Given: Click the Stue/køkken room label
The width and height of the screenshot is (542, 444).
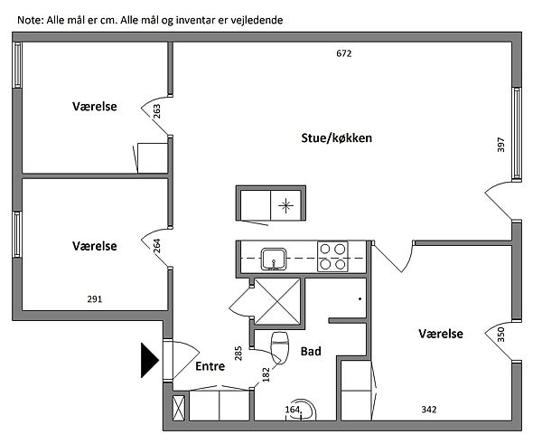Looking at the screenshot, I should click(337, 138).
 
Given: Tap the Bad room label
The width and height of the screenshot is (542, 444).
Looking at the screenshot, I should click(312, 352).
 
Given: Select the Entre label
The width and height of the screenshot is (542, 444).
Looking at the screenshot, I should click(210, 366).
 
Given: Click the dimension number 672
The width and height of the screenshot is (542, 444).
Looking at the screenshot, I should click(343, 53).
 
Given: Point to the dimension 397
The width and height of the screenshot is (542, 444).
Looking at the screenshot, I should click(500, 146).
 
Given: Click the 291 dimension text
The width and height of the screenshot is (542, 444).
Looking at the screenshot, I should click(95, 299).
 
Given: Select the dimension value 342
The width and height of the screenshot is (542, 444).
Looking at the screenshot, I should click(429, 410).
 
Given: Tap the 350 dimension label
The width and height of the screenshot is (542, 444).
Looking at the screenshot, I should click(500, 335).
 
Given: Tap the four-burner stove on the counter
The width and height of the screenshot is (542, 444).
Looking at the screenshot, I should click(332, 257).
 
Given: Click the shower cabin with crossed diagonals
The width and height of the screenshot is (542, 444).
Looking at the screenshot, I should click(279, 299).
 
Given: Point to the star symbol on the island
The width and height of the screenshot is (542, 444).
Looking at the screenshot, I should click(287, 205).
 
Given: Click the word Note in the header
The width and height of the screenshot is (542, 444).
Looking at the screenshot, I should click(29, 19).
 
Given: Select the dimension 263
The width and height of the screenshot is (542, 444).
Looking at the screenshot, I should click(157, 111).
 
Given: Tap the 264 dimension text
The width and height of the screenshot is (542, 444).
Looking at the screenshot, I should click(157, 246).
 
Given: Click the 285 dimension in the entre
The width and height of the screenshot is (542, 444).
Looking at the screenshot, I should click(239, 353).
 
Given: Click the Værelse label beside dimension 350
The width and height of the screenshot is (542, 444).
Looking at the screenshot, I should click(441, 335).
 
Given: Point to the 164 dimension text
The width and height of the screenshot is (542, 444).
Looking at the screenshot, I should click(293, 410).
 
